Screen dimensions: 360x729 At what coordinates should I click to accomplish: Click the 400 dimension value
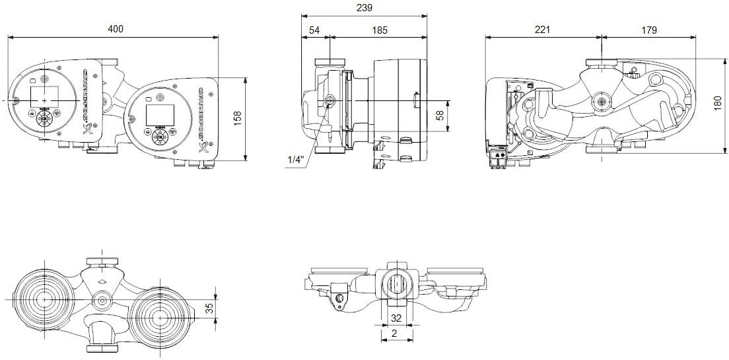pyautogui.click(x=116, y=29)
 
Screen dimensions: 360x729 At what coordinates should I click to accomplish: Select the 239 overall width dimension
pyautogui.click(x=364, y=8)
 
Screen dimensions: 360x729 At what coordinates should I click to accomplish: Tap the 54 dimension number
pyautogui.click(x=314, y=30)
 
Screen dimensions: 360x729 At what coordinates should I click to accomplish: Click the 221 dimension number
pyautogui.click(x=543, y=30)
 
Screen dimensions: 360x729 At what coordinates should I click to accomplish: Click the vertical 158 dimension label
pyautogui.click(x=238, y=118)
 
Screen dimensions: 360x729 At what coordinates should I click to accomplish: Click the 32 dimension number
pyautogui.click(x=396, y=318)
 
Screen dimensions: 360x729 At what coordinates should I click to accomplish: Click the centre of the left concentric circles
pyautogui.click(x=45, y=299)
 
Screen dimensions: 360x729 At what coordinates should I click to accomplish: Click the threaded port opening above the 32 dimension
pyautogui.click(x=396, y=285)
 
